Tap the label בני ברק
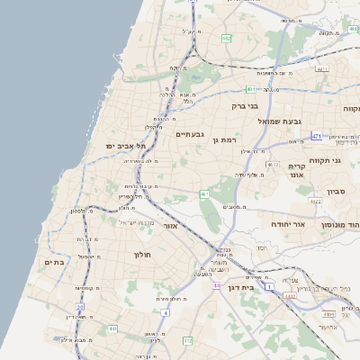[245, 106]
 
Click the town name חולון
[145, 255]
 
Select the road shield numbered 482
[226, 39]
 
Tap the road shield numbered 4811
[323, 68]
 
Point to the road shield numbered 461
[204, 193]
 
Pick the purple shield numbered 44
[216, 285]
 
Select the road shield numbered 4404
[330, 314]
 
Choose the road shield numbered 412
[187, 340]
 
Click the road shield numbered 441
[113, 329]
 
